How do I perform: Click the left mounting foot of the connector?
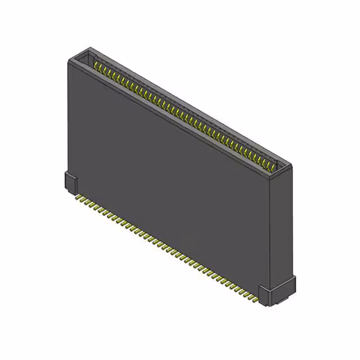[71, 184]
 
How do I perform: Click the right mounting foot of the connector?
[276, 291]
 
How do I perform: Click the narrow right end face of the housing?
[280, 225]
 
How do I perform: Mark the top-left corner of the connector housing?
[69, 59]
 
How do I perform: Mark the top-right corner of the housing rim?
[291, 164]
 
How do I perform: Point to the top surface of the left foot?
[70, 176]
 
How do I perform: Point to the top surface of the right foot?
[278, 282]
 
